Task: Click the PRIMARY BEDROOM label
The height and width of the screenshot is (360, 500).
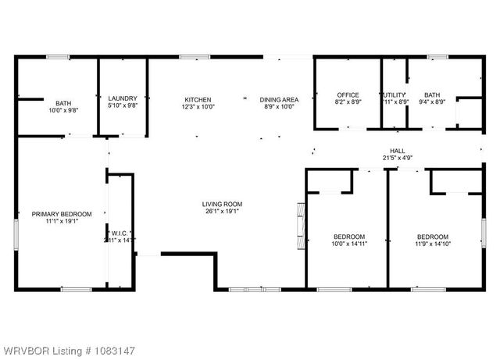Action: pos(62,214)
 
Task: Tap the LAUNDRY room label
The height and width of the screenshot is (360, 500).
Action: pos(123,98)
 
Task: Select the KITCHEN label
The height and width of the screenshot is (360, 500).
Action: pos(198,99)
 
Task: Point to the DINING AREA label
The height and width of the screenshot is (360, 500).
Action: pos(279,99)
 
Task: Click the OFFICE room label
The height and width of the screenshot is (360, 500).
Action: pos(348,95)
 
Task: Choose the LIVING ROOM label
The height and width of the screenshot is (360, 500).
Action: pos(223,204)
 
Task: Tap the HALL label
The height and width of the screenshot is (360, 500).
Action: pos(398,151)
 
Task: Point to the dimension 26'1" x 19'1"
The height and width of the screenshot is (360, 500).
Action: pos(223,211)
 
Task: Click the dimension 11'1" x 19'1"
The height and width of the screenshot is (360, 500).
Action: pos(62,221)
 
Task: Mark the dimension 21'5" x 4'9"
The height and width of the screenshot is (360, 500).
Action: pos(398,158)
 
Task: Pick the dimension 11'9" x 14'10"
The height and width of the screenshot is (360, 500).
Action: pos(432,244)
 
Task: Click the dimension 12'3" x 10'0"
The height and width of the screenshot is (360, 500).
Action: pos(198,106)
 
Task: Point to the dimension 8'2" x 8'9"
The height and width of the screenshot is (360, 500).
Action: pos(348,102)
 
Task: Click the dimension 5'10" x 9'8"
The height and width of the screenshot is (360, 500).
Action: pos(123,105)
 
